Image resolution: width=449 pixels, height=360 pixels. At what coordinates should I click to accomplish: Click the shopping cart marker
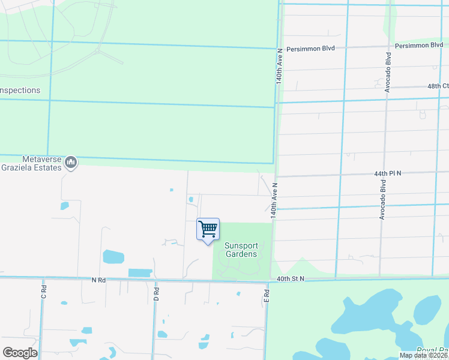(208, 229)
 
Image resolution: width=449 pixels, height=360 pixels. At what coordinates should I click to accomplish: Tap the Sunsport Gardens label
(241, 250)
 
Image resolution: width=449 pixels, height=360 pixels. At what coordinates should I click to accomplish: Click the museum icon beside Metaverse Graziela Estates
(71, 162)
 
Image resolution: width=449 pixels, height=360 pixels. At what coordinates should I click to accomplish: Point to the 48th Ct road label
(438, 86)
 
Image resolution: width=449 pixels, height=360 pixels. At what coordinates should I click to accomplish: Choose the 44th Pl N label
(387, 173)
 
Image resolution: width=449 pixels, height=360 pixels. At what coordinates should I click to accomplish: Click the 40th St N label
(291, 278)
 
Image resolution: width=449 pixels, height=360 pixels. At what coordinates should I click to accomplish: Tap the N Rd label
(98, 280)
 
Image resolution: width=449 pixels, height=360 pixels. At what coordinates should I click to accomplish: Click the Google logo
(20, 353)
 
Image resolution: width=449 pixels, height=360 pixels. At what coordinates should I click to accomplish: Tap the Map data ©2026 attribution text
(424, 355)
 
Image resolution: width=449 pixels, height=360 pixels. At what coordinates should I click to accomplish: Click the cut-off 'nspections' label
(20, 91)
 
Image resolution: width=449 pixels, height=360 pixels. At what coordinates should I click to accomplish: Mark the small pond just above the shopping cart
(191, 199)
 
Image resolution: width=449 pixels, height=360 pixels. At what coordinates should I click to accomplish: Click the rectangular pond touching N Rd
(140, 273)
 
